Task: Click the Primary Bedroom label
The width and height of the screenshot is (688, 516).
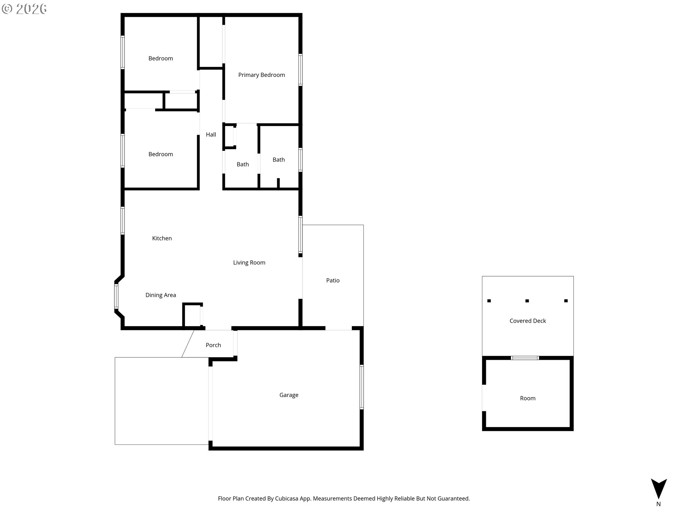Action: click(x=262, y=75)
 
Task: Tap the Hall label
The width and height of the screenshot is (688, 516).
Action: click(x=211, y=135)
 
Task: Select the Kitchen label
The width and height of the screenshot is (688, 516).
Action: click(x=162, y=238)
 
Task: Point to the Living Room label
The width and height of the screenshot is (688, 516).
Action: click(x=249, y=263)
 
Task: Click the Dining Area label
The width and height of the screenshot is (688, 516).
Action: click(x=161, y=295)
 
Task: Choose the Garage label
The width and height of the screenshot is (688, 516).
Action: click(x=289, y=395)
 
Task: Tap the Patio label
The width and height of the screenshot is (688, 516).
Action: click(x=333, y=281)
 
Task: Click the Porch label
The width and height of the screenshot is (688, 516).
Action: click(x=213, y=345)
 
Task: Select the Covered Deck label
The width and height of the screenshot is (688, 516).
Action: click(x=528, y=321)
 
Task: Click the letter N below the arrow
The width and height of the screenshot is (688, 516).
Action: click(x=659, y=504)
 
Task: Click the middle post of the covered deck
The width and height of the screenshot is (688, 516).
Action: click(x=527, y=301)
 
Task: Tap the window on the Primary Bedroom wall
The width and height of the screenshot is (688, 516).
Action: click(x=300, y=70)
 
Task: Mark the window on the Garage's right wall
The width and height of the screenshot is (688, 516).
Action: click(x=362, y=387)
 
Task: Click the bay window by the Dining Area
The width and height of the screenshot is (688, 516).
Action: click(x=116, y=296)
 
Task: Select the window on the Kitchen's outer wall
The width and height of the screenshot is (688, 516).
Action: click(x=123, y=221)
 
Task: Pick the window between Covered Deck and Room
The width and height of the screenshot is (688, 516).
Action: click(x=525, y=358)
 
